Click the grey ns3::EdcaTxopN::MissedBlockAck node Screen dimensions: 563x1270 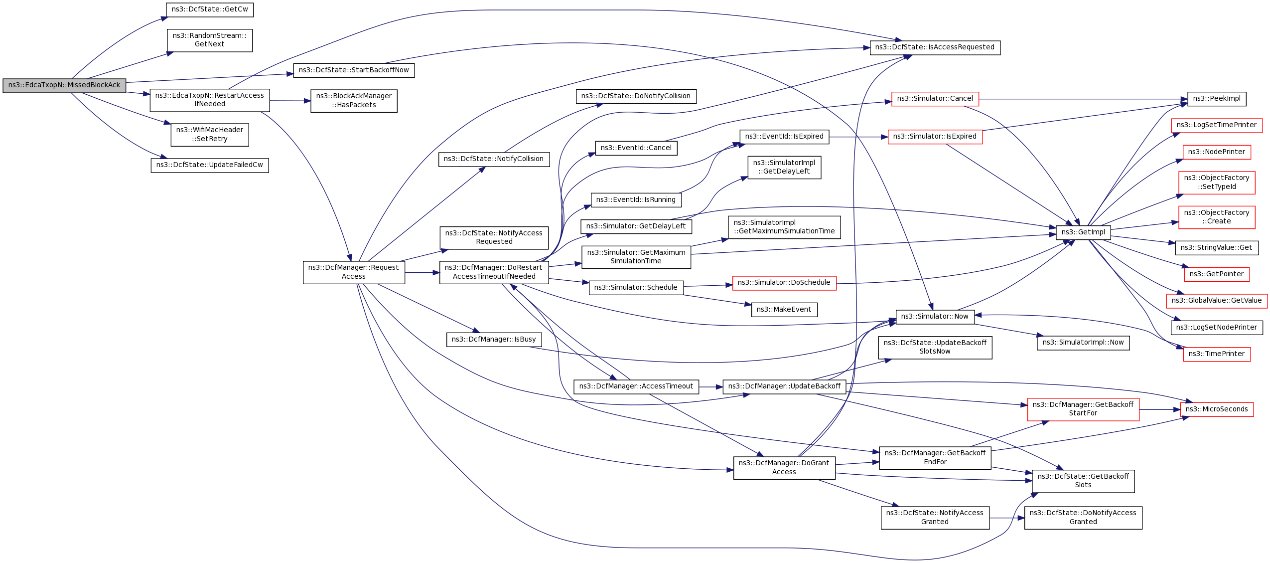coord(64,85)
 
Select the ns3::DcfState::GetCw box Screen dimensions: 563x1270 coord(210,9)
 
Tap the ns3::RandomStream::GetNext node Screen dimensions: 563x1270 coord(210,40)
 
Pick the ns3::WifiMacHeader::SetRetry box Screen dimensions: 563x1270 coord(210,135)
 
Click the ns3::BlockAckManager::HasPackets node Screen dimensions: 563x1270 coord(354,101)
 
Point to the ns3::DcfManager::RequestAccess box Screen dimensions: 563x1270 coord(354,272)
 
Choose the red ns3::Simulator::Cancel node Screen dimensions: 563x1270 coord(935,99)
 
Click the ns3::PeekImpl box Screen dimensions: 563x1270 coord(1216,99)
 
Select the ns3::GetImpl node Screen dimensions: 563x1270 coord(1083,232)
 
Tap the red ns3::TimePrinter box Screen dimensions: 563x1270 coord(1216,354)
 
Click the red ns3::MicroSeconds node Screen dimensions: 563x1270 coord(1216,409)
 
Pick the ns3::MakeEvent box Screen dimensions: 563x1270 coord(784,310)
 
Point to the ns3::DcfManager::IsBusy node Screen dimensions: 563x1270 coord(494,340)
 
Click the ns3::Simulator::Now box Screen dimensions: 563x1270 coord(935,317)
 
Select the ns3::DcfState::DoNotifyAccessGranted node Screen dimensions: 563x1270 coord(1083,518)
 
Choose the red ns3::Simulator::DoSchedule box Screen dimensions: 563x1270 coord(784,283)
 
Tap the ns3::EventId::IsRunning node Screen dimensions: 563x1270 coord(636,200)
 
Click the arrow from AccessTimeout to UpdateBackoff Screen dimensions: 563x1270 coord(710,387)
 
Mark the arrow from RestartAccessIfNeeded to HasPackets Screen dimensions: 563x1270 coord(290,101)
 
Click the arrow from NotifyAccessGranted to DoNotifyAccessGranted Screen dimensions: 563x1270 coord(1006,518)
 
